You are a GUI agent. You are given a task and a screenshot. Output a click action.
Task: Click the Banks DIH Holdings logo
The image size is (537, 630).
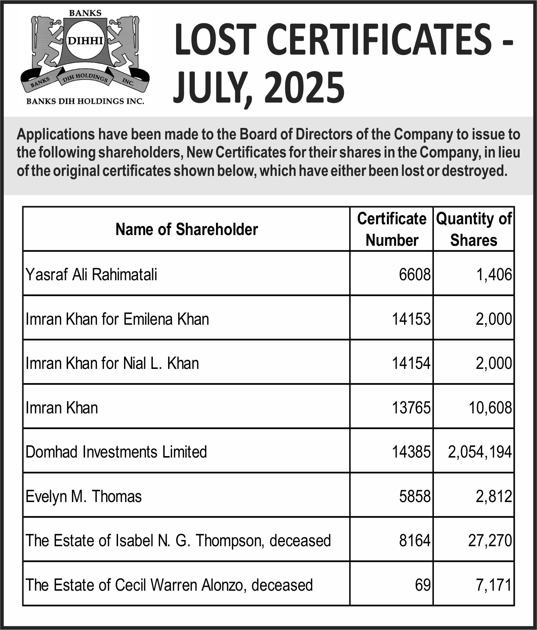click(x=85, y=57)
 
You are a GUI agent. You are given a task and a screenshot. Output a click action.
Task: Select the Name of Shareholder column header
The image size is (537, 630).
click(x=187, y=229)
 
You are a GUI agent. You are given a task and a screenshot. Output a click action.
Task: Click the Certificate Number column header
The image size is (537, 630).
click(x=391, y=229)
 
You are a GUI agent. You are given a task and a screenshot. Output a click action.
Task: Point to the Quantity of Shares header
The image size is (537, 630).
click(x=473, y=229)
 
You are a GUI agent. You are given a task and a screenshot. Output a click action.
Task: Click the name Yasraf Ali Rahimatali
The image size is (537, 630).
click(x=91, y=275)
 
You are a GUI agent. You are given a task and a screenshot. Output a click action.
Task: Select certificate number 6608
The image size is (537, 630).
click(x=414, y=275)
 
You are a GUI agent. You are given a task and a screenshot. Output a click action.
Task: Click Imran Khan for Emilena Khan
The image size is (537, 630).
click(x=117, y=319)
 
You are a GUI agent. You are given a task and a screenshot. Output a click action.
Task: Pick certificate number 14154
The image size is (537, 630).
click(x=411, y=363)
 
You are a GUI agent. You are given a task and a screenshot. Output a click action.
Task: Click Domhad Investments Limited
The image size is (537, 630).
click(x=116, y=452)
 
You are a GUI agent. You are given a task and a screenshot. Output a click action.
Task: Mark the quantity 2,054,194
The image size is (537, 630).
click(x=480, y=452)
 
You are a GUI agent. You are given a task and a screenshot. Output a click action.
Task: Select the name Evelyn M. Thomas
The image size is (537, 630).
click(x=84, y=496)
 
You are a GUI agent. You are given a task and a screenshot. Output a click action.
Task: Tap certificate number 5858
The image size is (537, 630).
click(x=414, y=496)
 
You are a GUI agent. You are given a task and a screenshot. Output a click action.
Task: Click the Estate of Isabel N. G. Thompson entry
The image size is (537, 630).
click(x=178, y=541)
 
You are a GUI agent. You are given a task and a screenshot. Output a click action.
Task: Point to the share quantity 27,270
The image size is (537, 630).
click(x=490, y=541)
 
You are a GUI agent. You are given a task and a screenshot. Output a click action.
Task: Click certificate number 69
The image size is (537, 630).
click(x=423, y=585)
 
